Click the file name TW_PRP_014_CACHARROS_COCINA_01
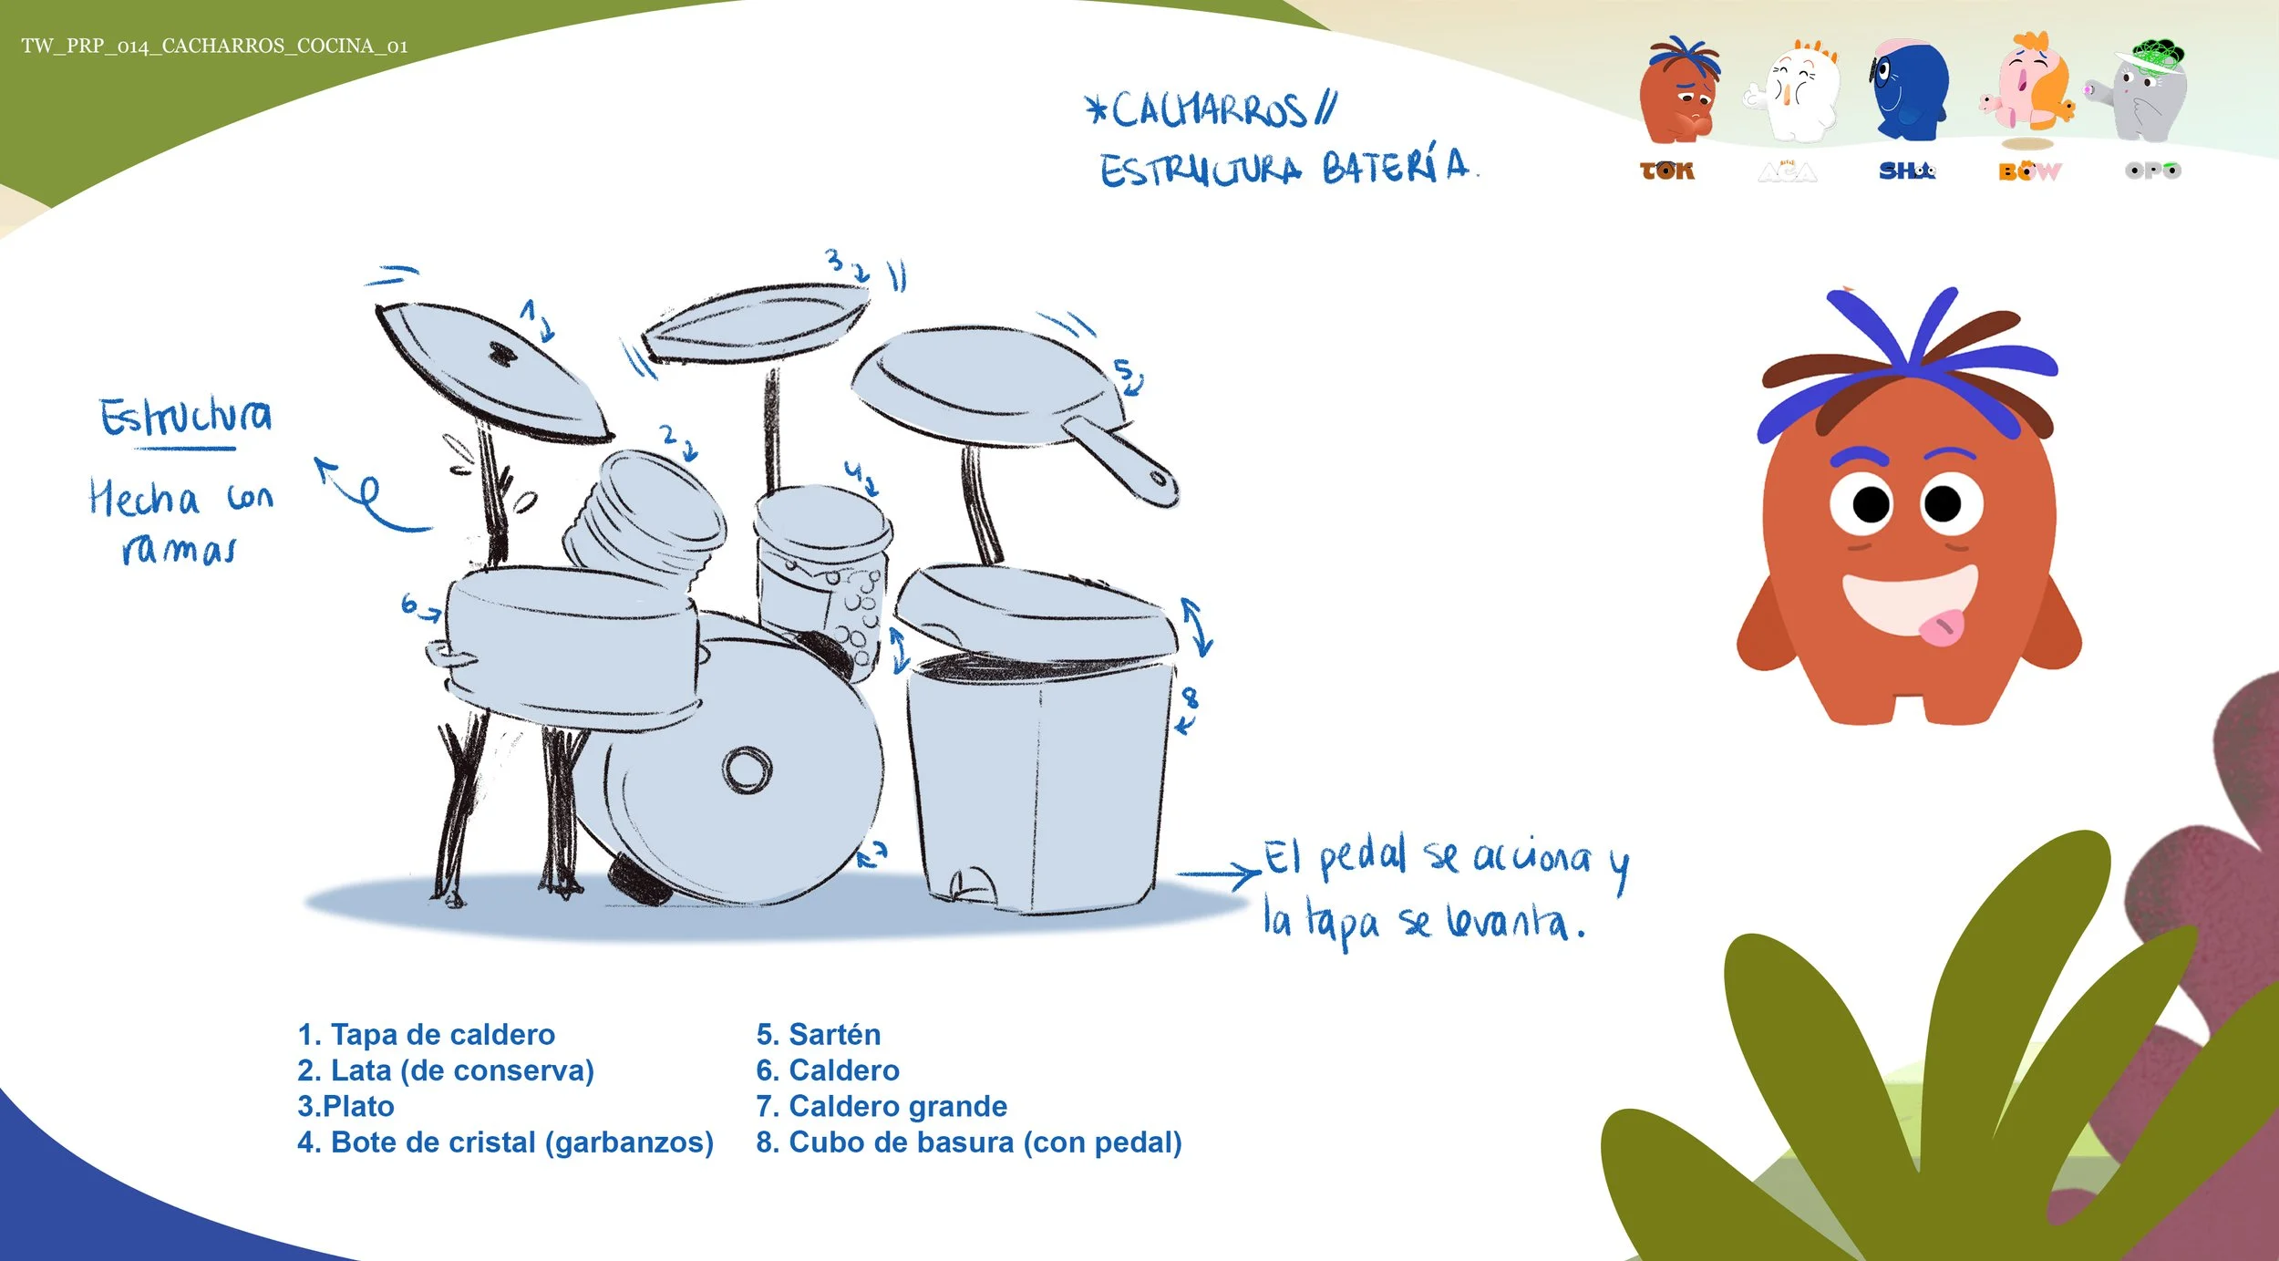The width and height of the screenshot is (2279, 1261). tap(214, 47)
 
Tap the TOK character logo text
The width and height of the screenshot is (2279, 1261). tap(1666, 171)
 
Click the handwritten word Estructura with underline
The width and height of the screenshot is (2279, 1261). tap(185, 418)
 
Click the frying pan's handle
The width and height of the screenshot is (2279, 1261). tap(1120, 461)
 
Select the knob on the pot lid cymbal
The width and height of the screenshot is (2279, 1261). tap(500, 353)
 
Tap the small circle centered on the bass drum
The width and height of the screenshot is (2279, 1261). tap(748, 770)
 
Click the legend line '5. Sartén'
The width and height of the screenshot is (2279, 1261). tap(818, 1034)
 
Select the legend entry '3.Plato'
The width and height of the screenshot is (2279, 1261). tap(345, 1106)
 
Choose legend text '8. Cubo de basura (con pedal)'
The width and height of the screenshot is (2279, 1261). tap(968, 1142)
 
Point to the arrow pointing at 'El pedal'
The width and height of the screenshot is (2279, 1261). tap(1218, 874)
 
